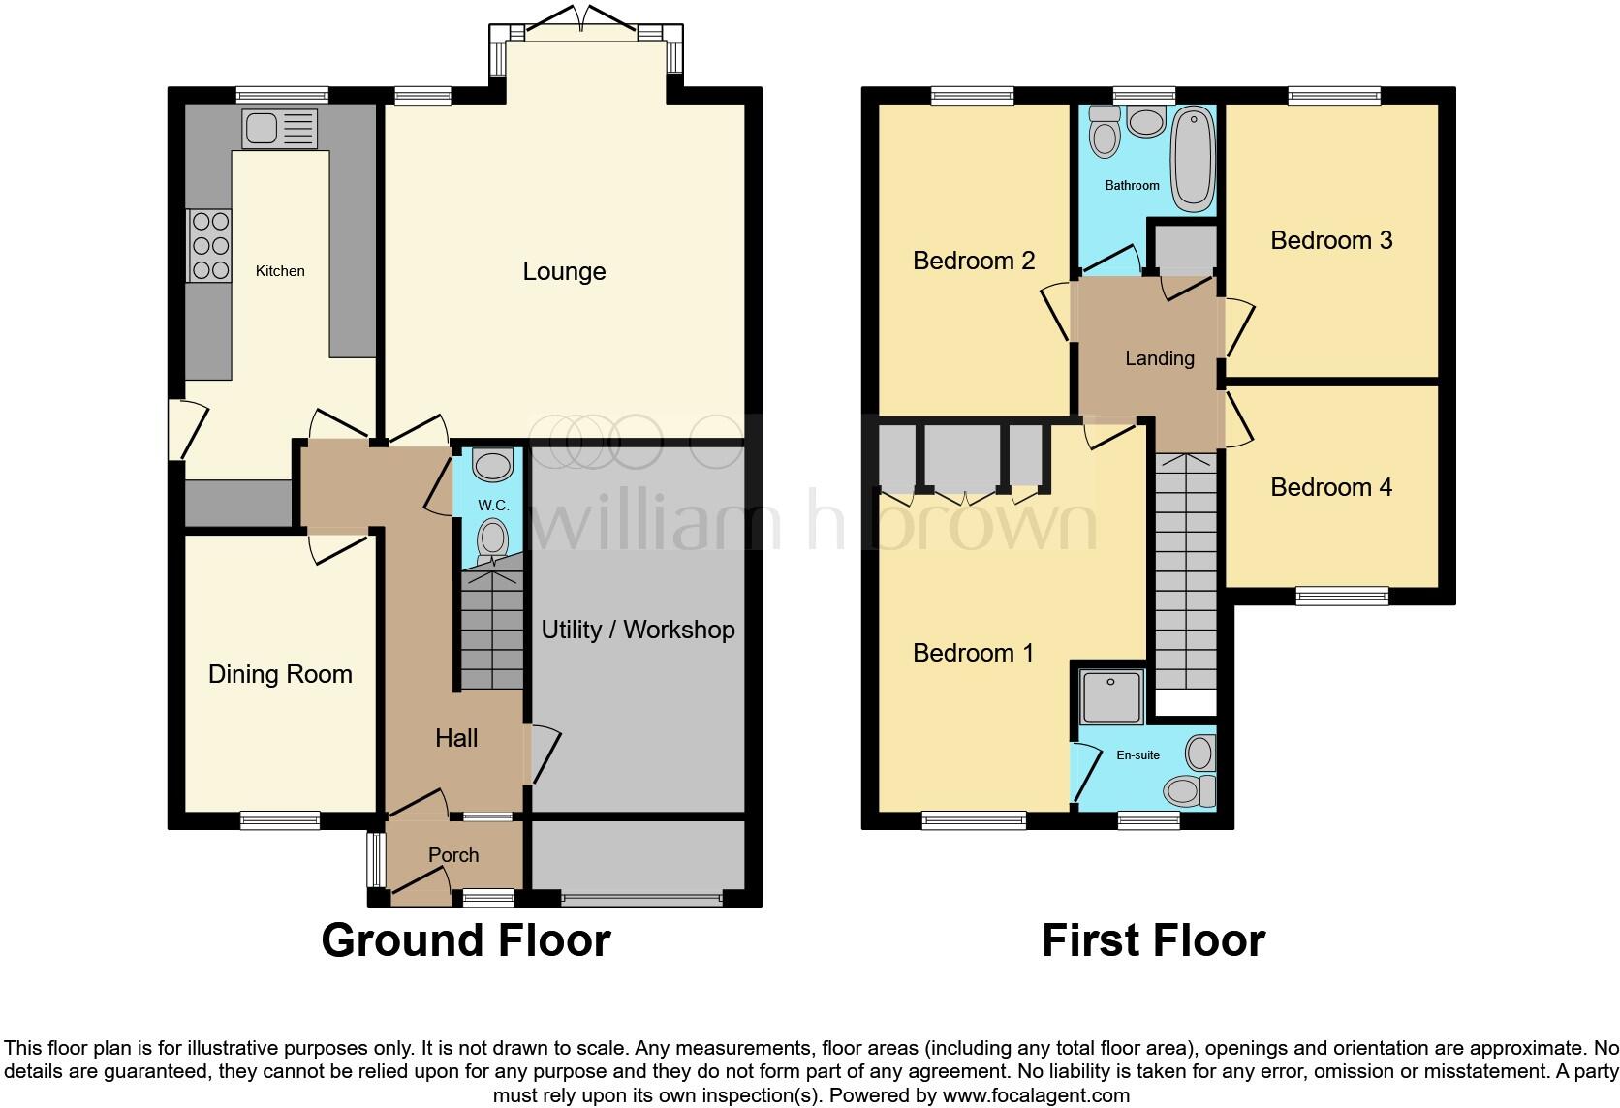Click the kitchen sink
click(279, 129)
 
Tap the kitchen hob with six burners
click(209, 246)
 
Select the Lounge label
click(564, 272)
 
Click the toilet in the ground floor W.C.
click(493, 539)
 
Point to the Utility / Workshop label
click(638, 630)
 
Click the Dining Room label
click(281, 674)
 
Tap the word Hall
click(456, 738)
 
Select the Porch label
click(453, 855)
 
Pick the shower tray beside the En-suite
click(1111, 696)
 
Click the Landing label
click(1160, 358)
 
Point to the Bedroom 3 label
click(1331, 240)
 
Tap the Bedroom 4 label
click(1331, 487)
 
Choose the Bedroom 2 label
click(974, 261)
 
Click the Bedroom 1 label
click(973, 653)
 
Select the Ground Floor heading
click(466, 940)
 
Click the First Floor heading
click(1154, 940)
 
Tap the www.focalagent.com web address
click(1037, 1095)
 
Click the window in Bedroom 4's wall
click(1342, 597)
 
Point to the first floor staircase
click(1186, 571)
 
